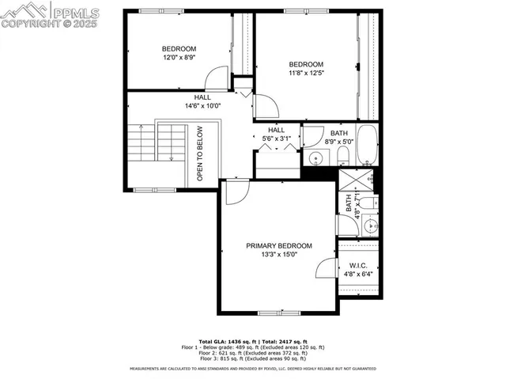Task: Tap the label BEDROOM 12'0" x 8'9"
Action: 179,53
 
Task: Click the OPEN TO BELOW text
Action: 200,153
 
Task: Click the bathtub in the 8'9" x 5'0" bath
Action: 367,144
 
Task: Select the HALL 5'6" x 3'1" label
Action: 277,135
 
